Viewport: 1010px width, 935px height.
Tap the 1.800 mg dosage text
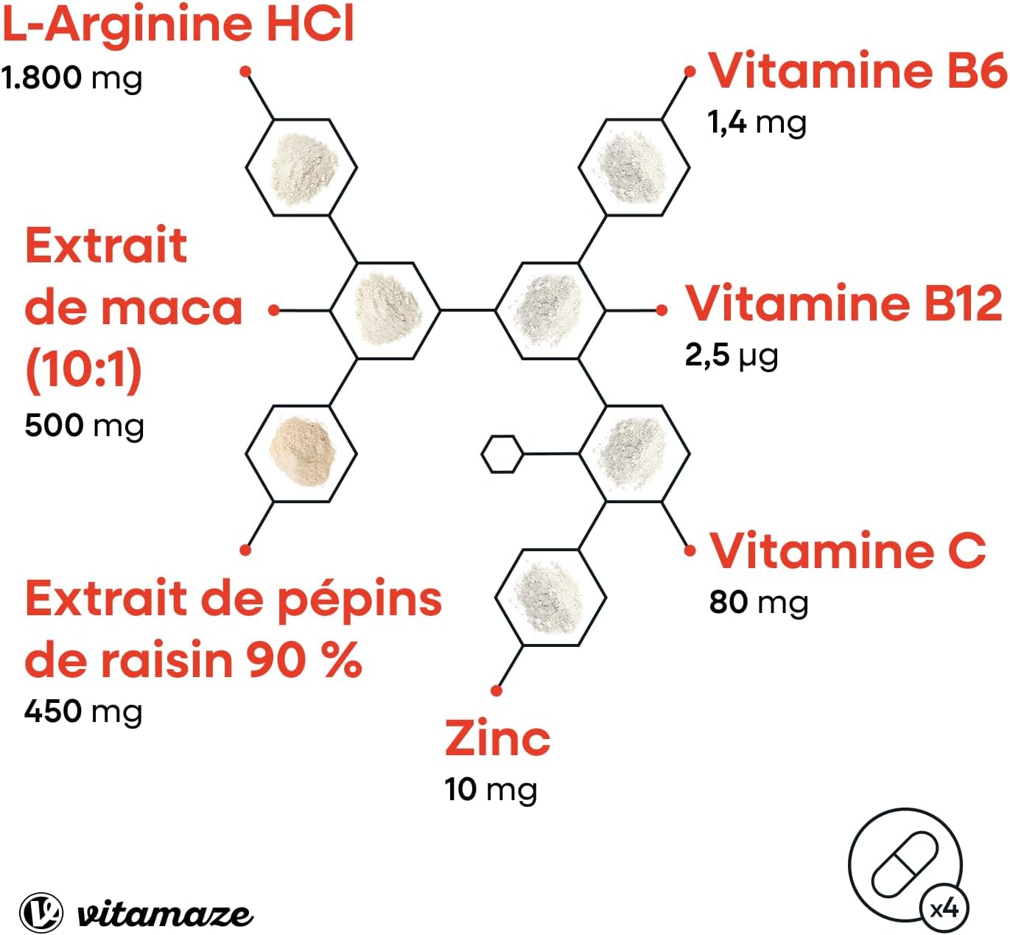(x=71, y=79)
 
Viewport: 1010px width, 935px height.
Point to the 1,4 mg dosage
(x=757, y=123)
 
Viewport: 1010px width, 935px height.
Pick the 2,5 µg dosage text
(x=732, y=356)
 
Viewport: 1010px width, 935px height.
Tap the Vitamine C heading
(x=848, y=550)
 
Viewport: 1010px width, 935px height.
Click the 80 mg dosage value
(x=759, y=603)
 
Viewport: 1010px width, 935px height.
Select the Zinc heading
(x=497, y=738)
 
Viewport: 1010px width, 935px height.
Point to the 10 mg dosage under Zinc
(x=491, y=790)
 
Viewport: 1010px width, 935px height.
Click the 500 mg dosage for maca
(x=85, y=426)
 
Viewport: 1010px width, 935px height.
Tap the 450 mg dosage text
(x=83, y=711)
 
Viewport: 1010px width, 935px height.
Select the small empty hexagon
(x=502, y=455)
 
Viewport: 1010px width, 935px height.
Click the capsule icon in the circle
(x=905, y=864)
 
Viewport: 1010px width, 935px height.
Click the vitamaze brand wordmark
(x=164, y=914)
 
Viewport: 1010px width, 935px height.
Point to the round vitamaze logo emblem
(x=42, y=913)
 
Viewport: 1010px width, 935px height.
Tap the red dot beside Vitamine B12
(x=662, y=310)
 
